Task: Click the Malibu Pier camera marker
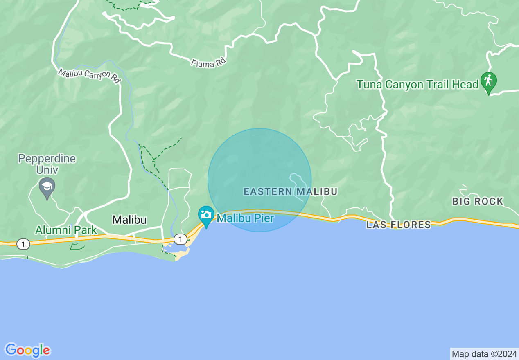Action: (206, 215)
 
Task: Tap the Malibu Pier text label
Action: (245, 218)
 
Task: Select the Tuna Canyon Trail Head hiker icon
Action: (488, 81)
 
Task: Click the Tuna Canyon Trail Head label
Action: (417, 85)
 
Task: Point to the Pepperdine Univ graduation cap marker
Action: (47, 187)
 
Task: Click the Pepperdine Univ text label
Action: (47, 164)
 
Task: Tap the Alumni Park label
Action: (66, 230)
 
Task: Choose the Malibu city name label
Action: (129, 220)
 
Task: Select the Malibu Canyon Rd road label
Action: (90, 76)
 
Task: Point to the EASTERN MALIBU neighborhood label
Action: (290, 191)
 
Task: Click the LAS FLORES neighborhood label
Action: (398, 225)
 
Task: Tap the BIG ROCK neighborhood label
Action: (478, 201)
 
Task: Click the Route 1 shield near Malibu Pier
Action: (180, 239)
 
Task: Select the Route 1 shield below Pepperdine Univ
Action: (23, 244)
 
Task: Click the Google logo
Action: (27, 350)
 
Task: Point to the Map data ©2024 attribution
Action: (484, 354)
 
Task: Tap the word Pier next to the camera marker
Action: (264, 218)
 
